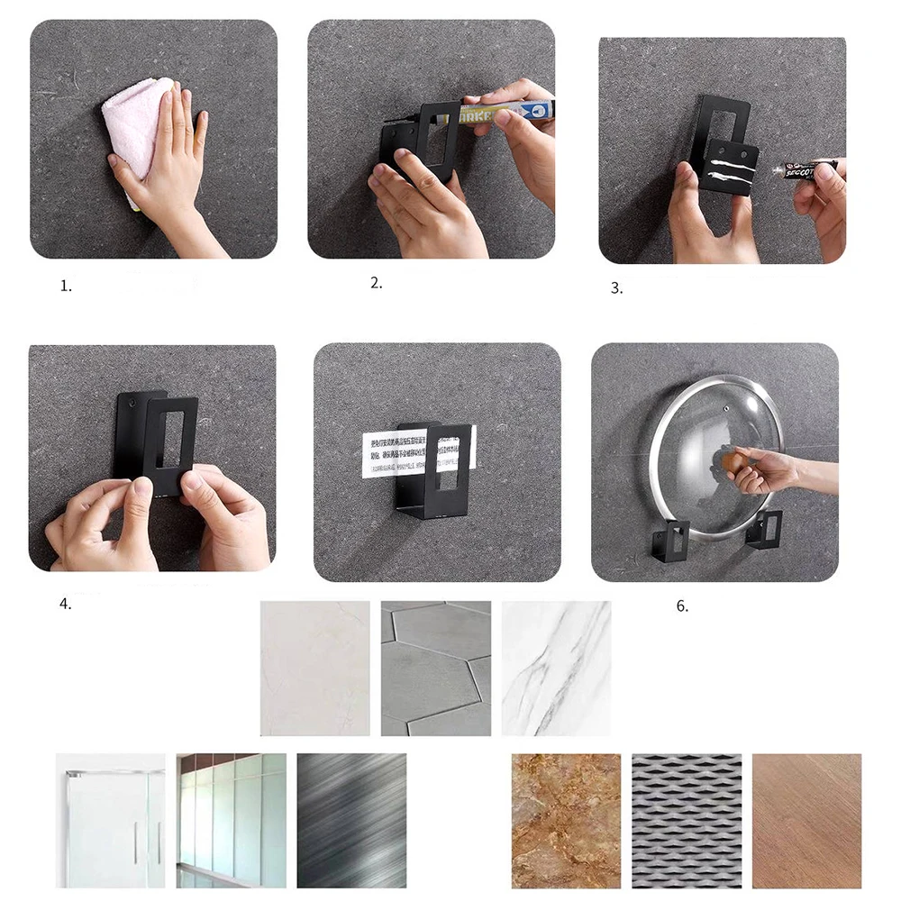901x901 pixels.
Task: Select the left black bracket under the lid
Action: click(670, 540)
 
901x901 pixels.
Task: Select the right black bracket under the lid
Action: click(764, 528)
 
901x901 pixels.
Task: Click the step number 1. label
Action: click(66, 287)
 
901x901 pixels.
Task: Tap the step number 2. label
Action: click(377, 283)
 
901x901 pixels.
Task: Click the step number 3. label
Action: click(616, 289)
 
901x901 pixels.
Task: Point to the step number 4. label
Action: click(66, 605)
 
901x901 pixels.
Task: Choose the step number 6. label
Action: click(682, 606)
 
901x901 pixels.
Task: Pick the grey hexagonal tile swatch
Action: click(435, 669)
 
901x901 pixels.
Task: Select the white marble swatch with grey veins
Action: click(556, 669)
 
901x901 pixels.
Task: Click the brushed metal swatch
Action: click(351, 820)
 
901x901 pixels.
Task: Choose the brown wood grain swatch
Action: click(806, 820)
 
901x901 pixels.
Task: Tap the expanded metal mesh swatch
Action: click(687, 820)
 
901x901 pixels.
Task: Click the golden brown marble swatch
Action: click(566, 820)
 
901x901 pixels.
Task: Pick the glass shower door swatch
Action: click(110, 820)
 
